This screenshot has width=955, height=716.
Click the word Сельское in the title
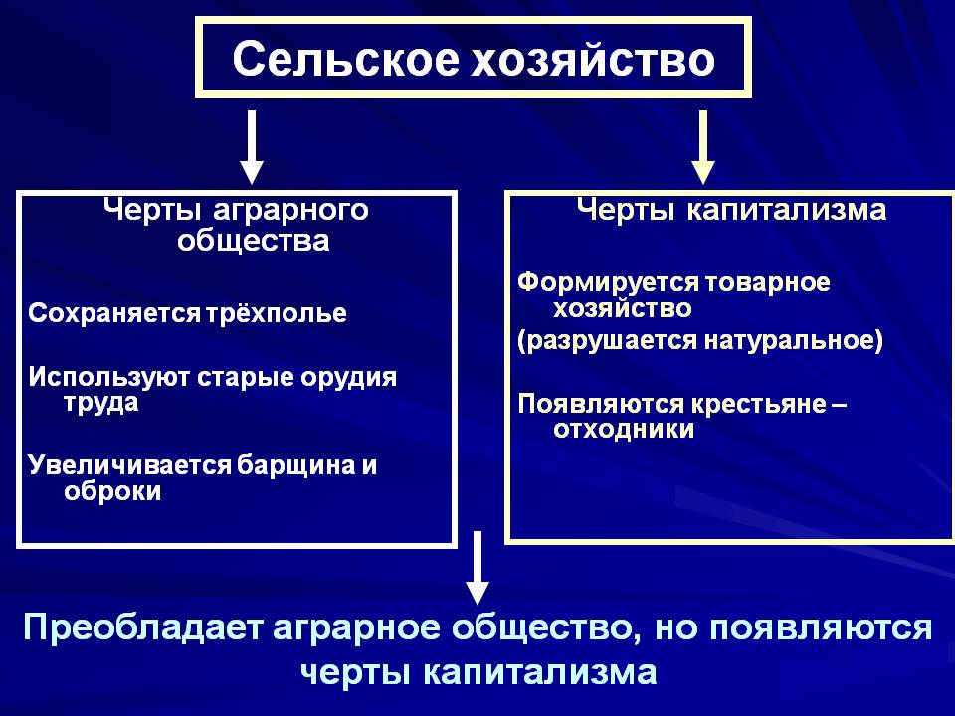pyautogui.click(x=339, y=59)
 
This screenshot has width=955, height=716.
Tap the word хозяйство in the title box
pyautogui.click(x=591, y=59)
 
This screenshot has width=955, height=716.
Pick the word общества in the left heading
pyautogui.click(x=253, y=241)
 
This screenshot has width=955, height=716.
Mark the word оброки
pyautogui.click(x=111, y=491)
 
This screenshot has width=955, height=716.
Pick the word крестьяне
pyautogui.click(x=758, y=404)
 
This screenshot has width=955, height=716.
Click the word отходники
pyautogui.click(x=623, y=430)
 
